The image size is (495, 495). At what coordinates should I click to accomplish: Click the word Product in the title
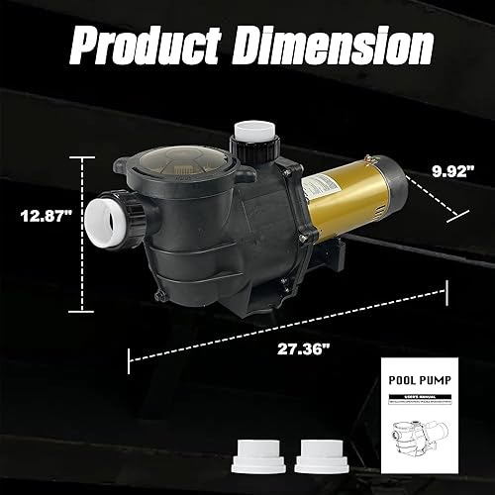(x=144, y=45)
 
